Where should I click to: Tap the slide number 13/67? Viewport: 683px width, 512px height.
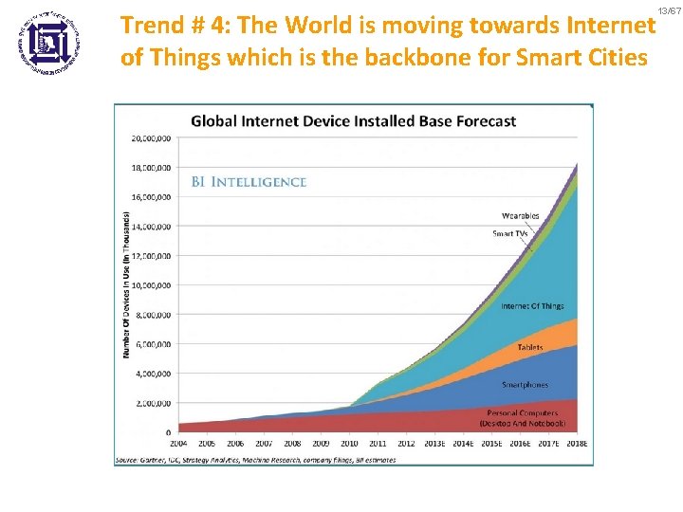[x=669, y=9]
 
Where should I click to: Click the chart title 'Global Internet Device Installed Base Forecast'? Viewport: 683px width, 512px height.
[x=354, y=120]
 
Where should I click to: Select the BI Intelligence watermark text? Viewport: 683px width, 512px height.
[x=249, y=182]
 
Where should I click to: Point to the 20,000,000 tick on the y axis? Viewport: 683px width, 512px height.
[x=151, y=137]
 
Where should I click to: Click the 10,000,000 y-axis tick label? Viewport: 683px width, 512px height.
[x=151, y=285]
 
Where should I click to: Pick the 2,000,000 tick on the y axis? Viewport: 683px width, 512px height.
[x=153, y=404]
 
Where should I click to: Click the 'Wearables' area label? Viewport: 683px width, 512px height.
[x=521, y=216]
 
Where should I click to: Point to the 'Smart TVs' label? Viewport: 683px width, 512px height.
[x=509, y=233]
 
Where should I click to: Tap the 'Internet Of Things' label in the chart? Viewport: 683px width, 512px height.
[x=532, y=306]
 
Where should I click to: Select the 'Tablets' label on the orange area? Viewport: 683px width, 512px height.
[x=530, y=348]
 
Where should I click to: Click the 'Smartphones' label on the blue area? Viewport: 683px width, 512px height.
[x=526, y=385]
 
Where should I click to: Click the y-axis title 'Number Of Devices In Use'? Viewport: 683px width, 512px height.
[x=126, y=284]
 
